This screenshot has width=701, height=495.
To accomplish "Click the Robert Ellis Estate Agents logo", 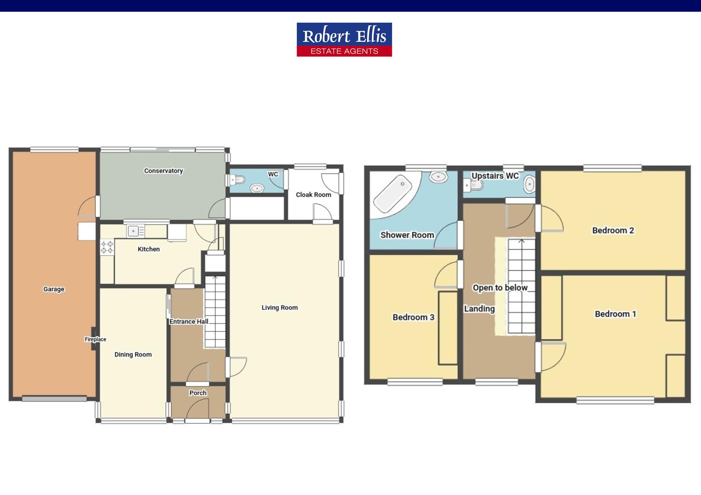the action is [x=344, y=39].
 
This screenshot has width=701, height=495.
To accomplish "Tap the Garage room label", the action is [x=54, y=289].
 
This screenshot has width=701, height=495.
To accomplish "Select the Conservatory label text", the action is [x=163, y=171].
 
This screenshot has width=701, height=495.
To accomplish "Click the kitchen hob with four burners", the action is [x=107, y=247].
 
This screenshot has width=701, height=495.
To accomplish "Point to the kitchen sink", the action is [x=136, y=231].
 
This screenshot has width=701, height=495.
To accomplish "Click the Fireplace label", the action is [x=95, y=339].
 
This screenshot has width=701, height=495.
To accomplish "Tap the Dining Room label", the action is [x=133, y=355].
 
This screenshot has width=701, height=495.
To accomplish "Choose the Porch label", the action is [x=198, y=393].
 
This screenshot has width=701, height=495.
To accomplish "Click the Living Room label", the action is [x=279, y=308].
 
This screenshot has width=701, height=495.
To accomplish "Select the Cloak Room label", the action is [x=313, y=195].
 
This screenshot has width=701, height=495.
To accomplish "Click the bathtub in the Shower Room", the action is [x=392, y=194].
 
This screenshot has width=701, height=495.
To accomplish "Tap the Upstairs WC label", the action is [x=495, y=176].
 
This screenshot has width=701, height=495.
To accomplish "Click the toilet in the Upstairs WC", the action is [x=473, y=185].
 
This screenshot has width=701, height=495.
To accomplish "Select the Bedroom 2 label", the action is [x=613, y=231].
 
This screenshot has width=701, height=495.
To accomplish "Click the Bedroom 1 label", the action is [x=615, y=314].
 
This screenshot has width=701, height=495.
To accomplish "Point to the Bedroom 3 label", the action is [x=413, y=317].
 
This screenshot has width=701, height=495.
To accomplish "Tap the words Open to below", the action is [x=500, y=288].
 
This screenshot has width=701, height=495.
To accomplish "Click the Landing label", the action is [x=479, y=309].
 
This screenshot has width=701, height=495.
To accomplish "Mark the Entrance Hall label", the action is [x=189, y=321].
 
